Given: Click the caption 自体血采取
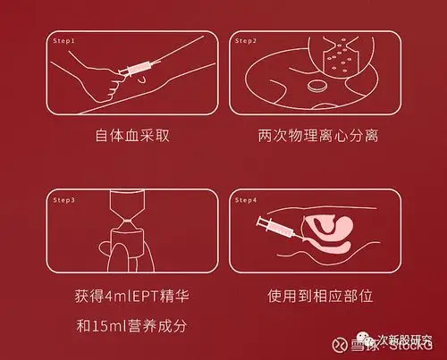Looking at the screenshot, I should (131, 138).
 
